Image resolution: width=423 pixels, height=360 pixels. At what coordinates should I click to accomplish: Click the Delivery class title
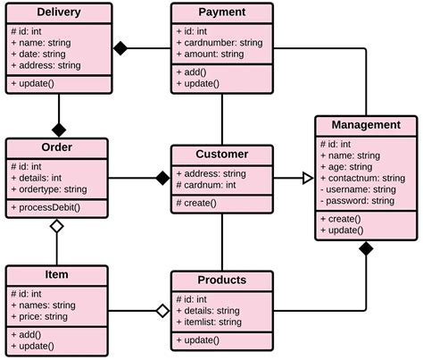pos(59,13)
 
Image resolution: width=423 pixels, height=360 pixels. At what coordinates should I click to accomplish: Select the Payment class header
pos(221,13)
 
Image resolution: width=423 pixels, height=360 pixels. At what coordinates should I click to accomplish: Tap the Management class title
pos(366,124)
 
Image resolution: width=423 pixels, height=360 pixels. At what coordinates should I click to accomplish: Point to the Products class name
pos(221,280)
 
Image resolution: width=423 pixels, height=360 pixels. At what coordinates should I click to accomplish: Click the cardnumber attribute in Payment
pos(219,42)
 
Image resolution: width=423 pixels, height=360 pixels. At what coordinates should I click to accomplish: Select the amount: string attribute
pos(212,54)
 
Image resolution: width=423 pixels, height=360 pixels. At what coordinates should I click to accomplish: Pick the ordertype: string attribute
pos(49,189)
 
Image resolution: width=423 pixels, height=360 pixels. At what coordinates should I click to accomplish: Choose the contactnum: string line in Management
pos(361,178)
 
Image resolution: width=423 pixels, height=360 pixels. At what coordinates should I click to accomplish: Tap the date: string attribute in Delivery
pos(43,53)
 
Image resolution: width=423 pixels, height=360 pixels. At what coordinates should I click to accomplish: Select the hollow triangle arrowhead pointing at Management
pos(307,179)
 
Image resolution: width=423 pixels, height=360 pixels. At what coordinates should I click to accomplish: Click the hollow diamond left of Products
pos(162,311)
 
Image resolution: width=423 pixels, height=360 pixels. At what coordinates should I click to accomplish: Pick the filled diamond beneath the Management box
pos(366,247)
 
